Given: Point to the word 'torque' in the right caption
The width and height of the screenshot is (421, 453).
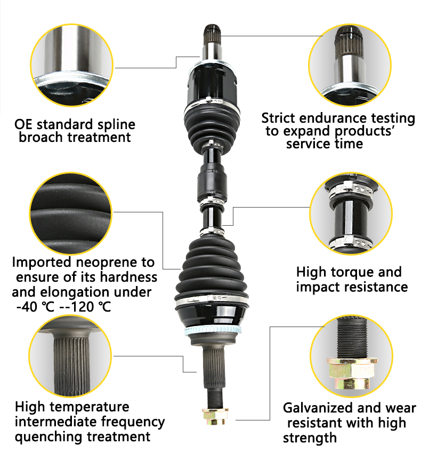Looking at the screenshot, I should point(353,272).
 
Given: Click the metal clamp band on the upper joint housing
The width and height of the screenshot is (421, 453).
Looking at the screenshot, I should point(212,100).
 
